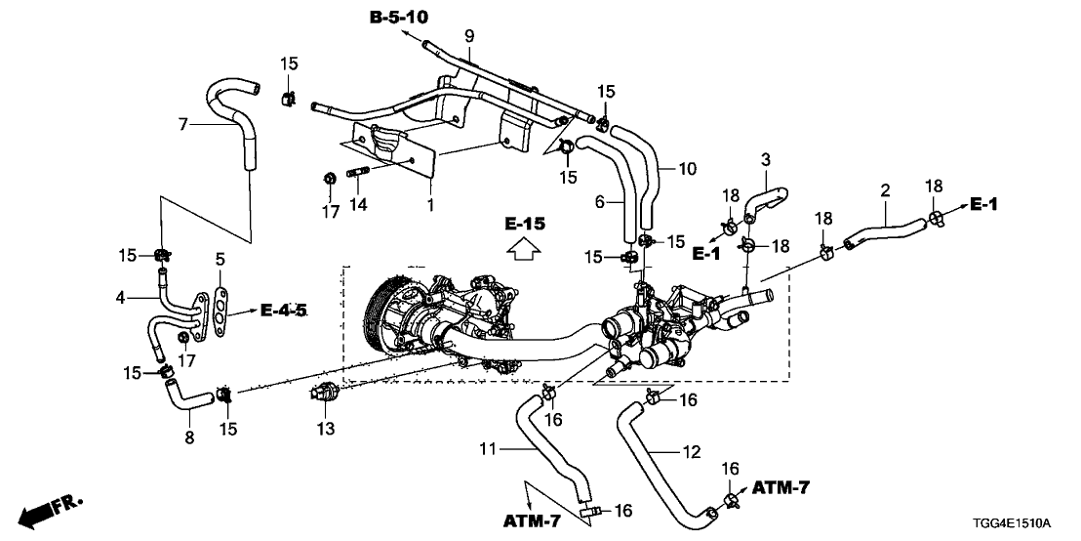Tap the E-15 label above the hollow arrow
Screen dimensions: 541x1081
click(x=523, y=224)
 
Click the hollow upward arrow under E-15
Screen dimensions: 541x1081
click(x=523, y=252)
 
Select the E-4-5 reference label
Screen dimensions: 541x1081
click(x=284, y=311)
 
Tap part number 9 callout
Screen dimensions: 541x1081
click(x=469, y=36)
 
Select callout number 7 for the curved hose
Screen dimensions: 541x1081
click(x=182, y=124)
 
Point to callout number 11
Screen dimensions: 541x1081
click(x=487, y=449)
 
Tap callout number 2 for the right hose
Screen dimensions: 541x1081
click(x=885, y=191)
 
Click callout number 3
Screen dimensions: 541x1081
click(x=766, y=158)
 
